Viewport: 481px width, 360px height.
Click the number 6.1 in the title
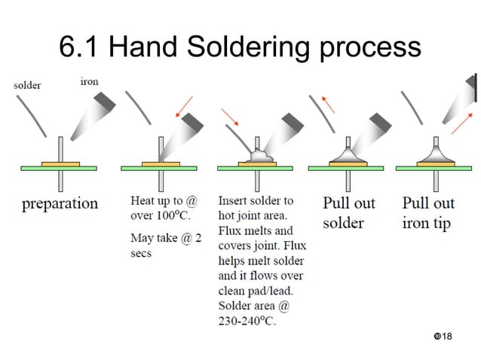79,47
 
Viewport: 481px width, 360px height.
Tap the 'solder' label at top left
27,85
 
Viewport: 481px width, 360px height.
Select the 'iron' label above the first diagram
89,81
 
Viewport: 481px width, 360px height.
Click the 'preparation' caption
60,203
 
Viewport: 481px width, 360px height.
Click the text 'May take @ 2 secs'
165,246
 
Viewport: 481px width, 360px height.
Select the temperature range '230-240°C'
247,322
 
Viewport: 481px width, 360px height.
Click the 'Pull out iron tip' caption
427,212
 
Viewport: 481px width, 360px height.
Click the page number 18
446,334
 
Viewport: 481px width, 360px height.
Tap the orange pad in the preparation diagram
61,163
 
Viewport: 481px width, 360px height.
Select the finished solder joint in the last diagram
439,155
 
